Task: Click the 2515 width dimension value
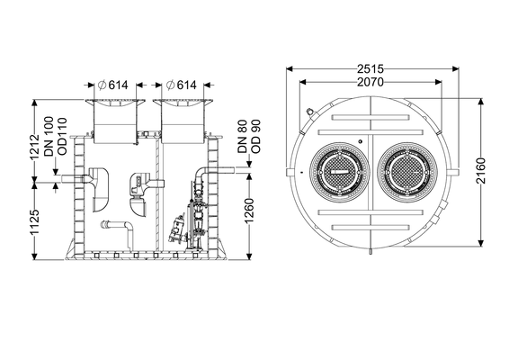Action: click(371, 69)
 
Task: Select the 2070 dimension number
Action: click(371, 82)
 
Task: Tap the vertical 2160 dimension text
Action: click(481, 171)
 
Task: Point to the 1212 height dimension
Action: click(35, 147)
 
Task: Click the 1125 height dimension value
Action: click(35, 221)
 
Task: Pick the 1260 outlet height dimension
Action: click(249, 211)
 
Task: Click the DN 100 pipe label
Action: click(49, 137)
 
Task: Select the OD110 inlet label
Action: click(62, 137)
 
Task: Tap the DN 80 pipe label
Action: click(243, 137)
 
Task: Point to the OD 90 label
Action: click(255, 137)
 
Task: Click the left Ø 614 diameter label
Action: click(113, 85)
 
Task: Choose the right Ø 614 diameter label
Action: click(181, 85)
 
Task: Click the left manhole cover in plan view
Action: click(340, 172)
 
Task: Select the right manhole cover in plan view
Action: click(407, 172)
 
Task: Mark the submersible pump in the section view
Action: click(177, 230)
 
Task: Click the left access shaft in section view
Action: click(115, 121)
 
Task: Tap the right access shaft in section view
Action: click(183, 121)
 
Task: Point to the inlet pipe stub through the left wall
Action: click(73, 179)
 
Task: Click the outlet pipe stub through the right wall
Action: click(222, 170)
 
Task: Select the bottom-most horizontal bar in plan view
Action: click(371, 227)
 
